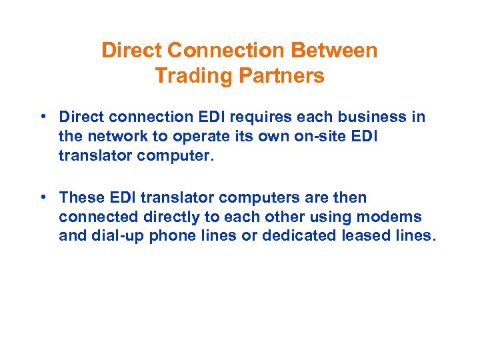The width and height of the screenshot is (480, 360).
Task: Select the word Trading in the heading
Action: (x=186, y=76)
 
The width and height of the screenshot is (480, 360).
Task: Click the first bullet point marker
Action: (x=42, y=117)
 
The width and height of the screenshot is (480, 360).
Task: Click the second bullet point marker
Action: (x=42, y=197)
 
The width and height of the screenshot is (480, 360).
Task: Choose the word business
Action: (x=372, y=117)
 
